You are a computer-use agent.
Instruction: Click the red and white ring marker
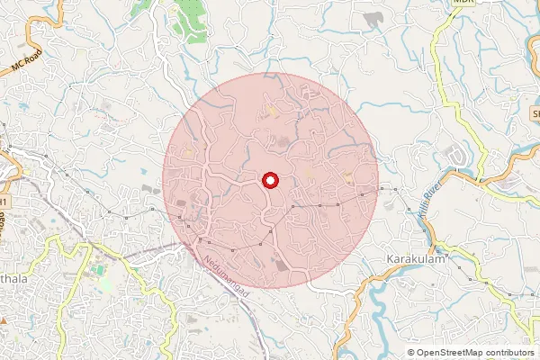[270, 181]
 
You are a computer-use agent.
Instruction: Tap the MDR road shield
[463, 3]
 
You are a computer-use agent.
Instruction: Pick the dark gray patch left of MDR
[371, 18]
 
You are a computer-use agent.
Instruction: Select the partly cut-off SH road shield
[535, 114]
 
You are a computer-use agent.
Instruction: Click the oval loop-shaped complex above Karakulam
[460, 157]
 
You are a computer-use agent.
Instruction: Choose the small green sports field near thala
[104, 283]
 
